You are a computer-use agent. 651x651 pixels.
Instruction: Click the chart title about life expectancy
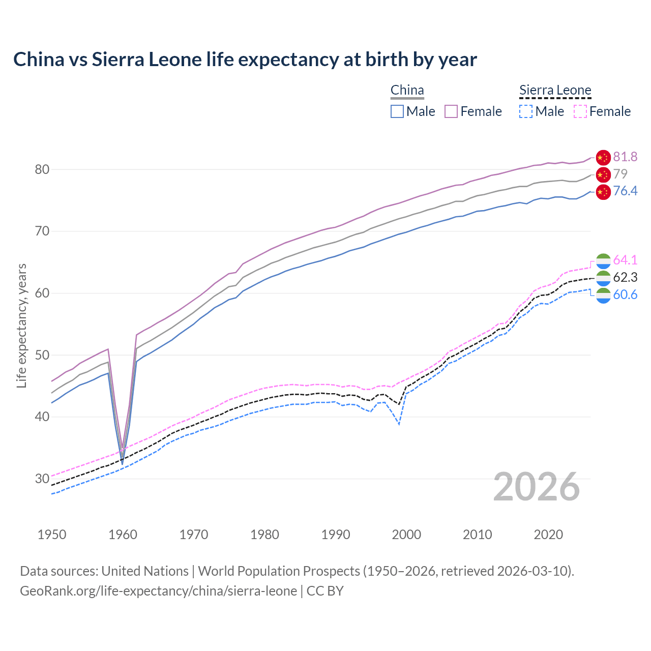coord(245,60)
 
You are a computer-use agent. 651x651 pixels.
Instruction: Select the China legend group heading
coord(407,90)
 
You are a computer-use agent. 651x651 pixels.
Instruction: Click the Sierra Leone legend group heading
coord(555,90)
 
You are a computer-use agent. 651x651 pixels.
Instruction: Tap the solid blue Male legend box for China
coord(397,111)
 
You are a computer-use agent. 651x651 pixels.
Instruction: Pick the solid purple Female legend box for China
coord(451,111)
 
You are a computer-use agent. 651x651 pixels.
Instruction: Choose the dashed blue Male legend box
coord(526,111)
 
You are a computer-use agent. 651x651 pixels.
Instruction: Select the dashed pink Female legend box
coord(580,111)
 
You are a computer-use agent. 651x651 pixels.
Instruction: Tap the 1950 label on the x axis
coord(52,535)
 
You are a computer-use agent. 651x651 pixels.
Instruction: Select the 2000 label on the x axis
coord(406,535)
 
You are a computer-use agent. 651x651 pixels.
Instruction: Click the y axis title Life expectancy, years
coord(21,325)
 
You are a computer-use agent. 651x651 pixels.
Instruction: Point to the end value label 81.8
coord(625,157)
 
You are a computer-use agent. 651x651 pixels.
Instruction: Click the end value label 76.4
coord(625,191)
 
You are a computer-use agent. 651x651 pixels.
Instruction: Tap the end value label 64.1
coord(625,260)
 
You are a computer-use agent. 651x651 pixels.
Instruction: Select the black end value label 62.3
coord(625,277)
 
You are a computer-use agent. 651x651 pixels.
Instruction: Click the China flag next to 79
coord(603,174)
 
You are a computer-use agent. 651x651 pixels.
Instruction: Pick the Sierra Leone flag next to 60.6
coord(603,295)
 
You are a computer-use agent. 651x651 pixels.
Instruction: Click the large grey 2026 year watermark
coord(536,487)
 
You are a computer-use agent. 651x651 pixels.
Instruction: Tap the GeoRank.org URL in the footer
coord(158,591)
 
